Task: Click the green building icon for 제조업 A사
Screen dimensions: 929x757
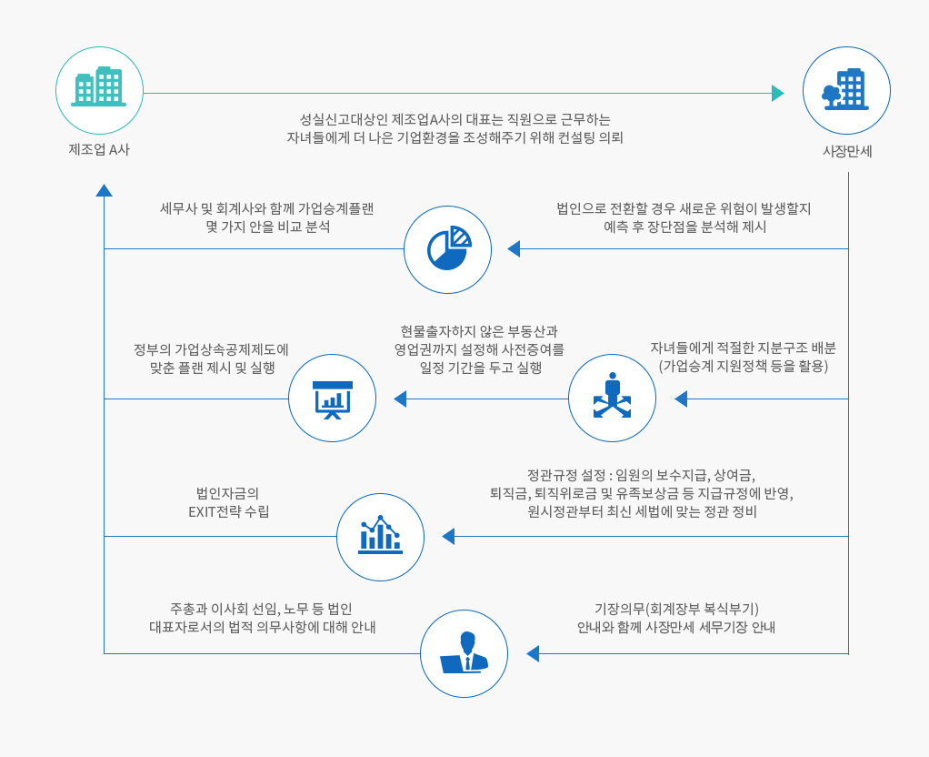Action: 99,86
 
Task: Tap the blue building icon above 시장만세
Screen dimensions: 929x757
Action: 845,89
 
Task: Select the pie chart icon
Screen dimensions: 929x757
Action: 449,248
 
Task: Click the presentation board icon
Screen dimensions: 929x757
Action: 333,399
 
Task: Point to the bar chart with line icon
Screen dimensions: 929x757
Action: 380,534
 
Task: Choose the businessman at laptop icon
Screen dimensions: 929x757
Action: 464,652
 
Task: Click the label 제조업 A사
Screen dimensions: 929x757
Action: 99,149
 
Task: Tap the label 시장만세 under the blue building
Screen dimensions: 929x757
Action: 847,151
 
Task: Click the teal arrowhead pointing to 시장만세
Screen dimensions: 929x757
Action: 778,93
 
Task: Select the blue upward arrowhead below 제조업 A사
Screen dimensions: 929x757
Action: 105,190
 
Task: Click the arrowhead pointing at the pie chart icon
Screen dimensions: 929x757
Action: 514,249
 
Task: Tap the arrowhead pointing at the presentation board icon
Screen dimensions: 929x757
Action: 400,399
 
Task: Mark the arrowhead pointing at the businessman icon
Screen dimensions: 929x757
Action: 533,654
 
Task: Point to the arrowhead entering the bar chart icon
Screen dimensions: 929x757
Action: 448,536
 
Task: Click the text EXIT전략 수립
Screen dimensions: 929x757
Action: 229,511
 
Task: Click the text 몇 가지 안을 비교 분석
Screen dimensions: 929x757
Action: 268,227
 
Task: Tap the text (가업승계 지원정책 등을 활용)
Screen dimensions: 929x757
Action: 743,366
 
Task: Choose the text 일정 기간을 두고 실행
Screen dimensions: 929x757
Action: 481,368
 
